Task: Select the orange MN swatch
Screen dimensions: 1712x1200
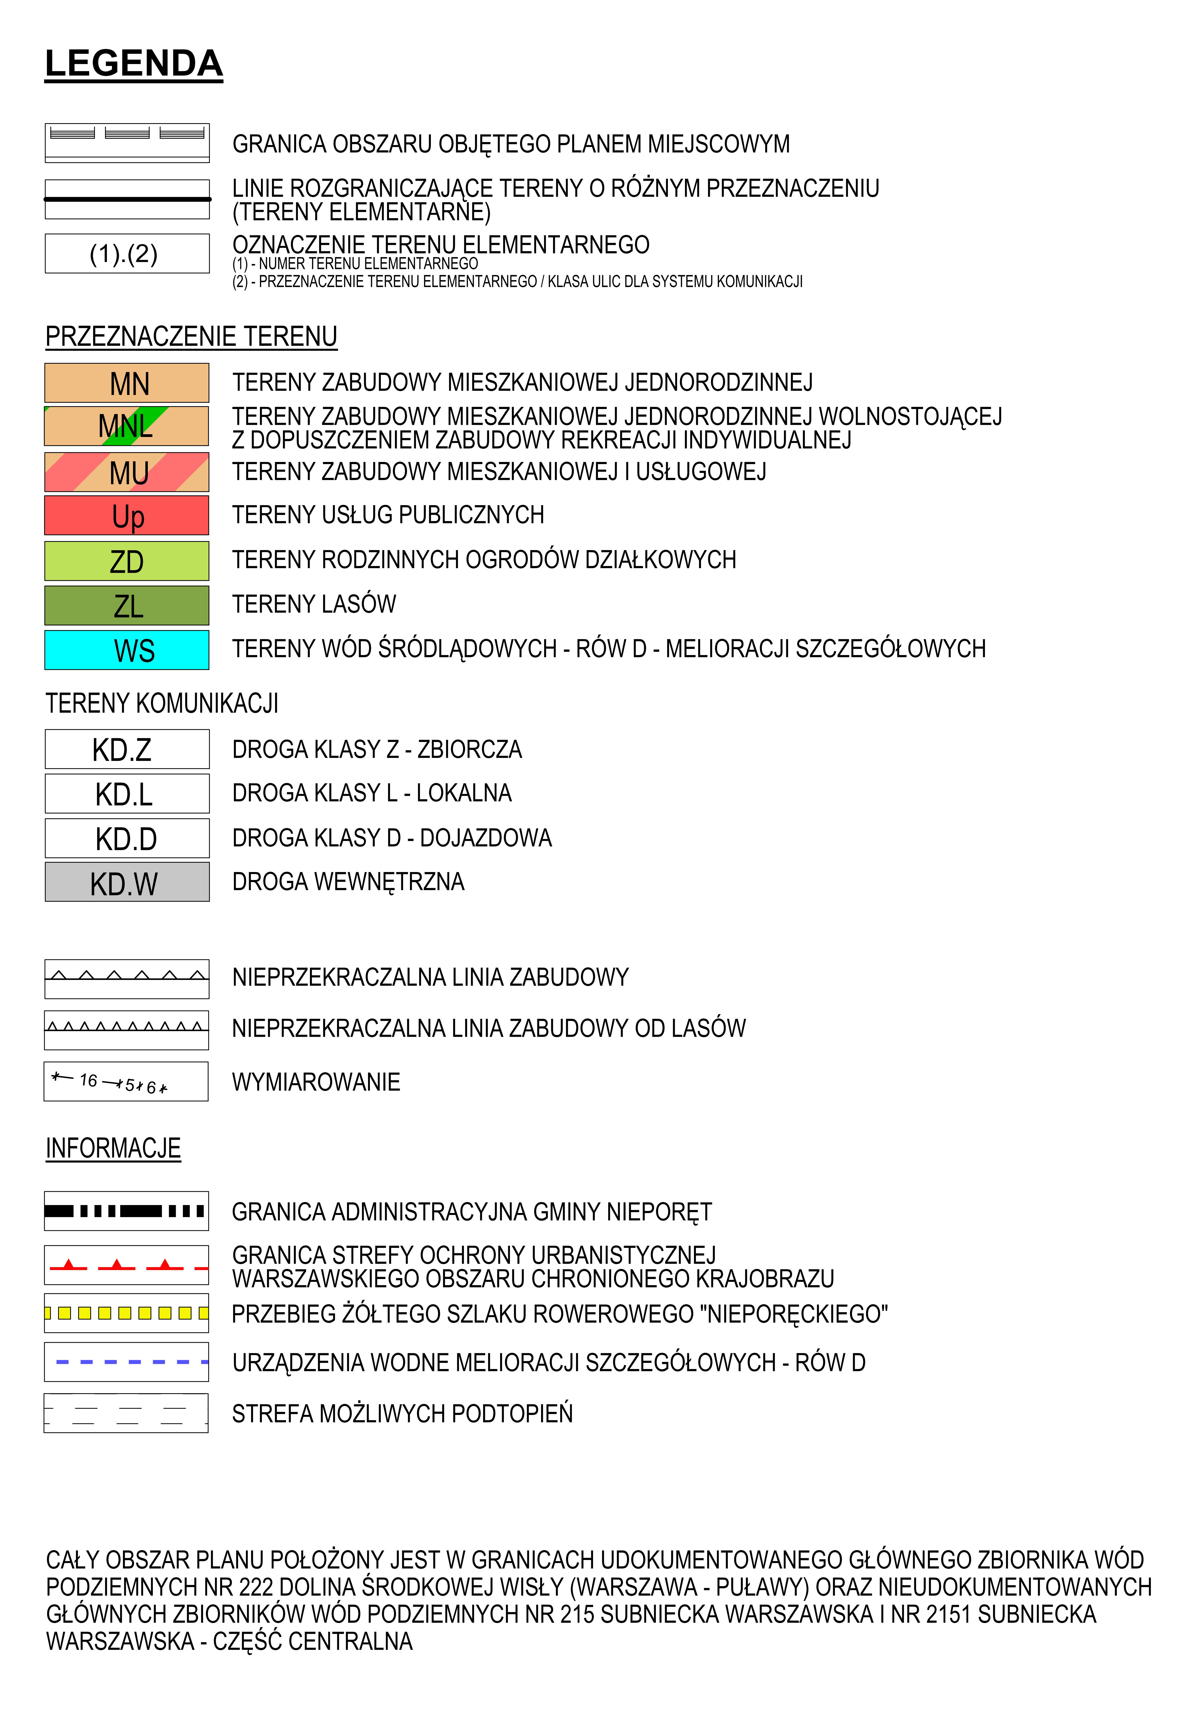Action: point(127,383)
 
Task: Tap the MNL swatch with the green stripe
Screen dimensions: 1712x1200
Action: point(127,426)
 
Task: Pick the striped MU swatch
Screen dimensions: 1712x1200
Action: point(127,472)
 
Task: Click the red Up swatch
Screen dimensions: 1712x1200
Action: point(127,515)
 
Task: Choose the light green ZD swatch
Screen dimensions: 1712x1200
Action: point(127,561)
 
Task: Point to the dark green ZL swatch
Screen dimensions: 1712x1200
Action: point(127,605)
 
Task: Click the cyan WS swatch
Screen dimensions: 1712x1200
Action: point(127,649)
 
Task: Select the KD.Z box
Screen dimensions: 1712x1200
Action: point(127,749)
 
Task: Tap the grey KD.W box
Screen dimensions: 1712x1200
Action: point(127,882)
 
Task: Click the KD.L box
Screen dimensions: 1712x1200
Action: point(127,793)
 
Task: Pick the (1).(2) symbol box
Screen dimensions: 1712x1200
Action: point(127,253)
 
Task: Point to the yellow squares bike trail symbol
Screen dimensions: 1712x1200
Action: point(127,1313)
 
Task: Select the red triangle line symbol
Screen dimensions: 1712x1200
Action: point(127,1265)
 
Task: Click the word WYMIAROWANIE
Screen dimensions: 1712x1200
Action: point(316,1082)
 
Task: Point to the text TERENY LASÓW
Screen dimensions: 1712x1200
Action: point(314,604)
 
